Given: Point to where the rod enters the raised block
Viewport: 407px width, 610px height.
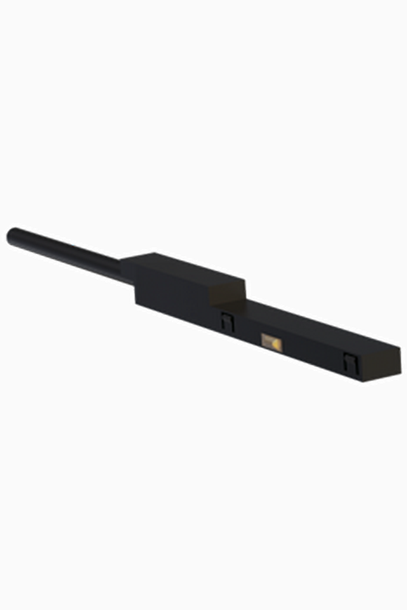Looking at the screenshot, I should point(126,271).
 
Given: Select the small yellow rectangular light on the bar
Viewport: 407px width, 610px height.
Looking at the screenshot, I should point(271,341).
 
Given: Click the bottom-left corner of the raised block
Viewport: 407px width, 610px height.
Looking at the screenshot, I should point(136,304).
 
